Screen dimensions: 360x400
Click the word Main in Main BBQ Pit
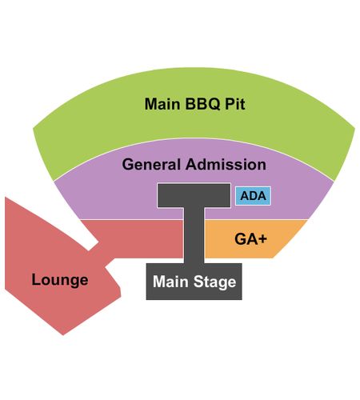[x=162, y=104]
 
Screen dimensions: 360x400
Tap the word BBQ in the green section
[x=202, y=104]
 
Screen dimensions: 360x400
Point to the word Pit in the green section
[x=235, y=104]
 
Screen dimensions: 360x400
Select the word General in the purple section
[x=151, y=164]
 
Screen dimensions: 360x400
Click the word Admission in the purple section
[x=226, y=164]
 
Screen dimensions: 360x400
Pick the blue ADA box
[x=253, y=196]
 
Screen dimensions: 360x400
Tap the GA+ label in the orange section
[x=250, y=238]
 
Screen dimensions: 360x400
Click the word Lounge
[x=60, y=281]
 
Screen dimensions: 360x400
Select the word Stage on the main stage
[x=215, y=282]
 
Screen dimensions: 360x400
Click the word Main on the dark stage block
[x=170, y=282]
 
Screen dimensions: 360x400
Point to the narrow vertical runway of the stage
[x=194, y=235]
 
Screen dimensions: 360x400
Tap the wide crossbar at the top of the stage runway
[x=194, y=195]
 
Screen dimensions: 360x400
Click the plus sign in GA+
[x=262, y=239]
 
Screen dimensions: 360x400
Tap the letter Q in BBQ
[x=214, y=104]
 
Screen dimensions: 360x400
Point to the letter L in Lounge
[x=35, y=280]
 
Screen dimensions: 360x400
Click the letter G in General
[x=128, y=164]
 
